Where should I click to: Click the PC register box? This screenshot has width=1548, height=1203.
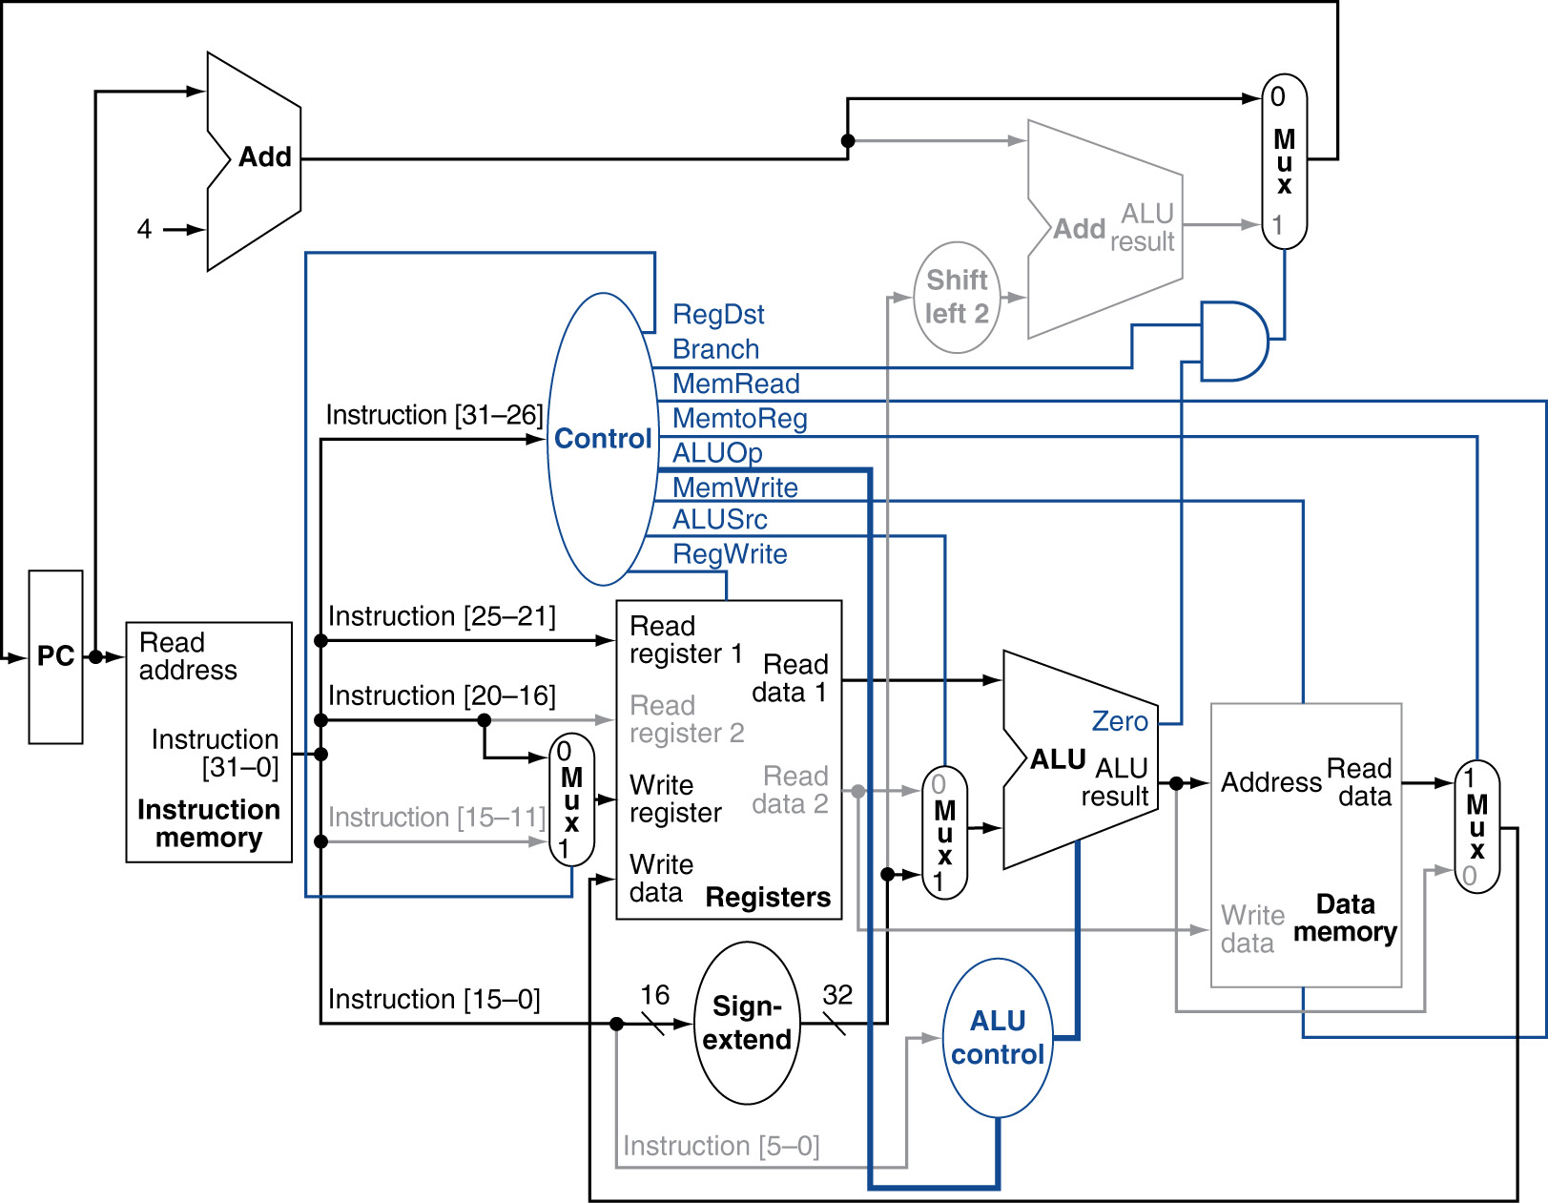coord(55,656)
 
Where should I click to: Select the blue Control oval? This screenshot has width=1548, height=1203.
coord(602,439)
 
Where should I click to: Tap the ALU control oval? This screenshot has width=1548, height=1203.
coord(998,1038)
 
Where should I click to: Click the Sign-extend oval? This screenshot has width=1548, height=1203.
coord(747,1023)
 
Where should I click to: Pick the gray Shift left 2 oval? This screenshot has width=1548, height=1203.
coord(957,297)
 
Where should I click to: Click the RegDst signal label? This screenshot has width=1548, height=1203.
coord(718,315)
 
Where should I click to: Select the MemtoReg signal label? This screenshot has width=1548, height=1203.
coord(739,419)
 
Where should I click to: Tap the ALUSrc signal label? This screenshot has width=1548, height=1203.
coord(719,520)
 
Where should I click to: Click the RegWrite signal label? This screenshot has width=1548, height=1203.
coord(730,554)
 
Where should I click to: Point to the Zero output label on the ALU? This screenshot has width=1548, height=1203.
coord(1120,721)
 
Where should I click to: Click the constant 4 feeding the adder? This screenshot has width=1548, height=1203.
coord(144,229)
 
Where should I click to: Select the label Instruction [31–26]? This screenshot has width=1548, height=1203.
coord(434,415)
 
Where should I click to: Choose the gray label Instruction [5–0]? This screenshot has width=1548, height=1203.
coord(721,1146)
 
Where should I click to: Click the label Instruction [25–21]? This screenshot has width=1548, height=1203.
coord(442,616)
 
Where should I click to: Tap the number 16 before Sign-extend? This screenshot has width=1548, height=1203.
coord(654,995)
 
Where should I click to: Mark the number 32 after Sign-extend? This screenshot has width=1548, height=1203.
coord(837,995)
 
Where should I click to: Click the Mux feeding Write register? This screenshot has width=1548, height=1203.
coord(571,799)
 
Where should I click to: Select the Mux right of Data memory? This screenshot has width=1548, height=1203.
coord(1476,826)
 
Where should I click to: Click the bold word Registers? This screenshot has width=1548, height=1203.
coord(768,898)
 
